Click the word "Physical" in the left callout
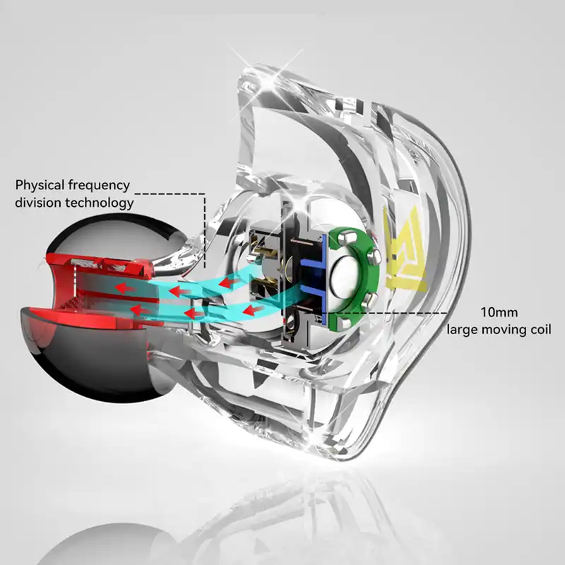click(x=40, y=185)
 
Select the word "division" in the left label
click(x=38, y=203)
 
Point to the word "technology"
click(x=100, y=203)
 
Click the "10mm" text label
click(x=499, y=312)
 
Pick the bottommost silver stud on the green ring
click(x=345, y=323)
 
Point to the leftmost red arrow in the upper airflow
click(x=122, y=287)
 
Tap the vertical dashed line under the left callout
click(x=205, y=231)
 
